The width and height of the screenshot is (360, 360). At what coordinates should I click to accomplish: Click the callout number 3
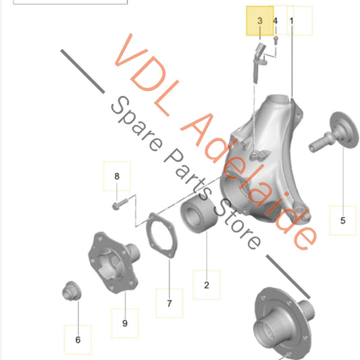point(259,21)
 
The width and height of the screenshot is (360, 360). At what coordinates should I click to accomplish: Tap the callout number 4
point(276,21)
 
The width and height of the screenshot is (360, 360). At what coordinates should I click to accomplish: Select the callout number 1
point(291,21)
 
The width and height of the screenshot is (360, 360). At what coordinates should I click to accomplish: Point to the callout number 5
point(343,220)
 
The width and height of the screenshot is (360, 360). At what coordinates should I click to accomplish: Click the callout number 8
point(117,176)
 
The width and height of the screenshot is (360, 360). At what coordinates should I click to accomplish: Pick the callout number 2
point(207,285)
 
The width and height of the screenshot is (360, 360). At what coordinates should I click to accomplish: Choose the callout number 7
point(170,303)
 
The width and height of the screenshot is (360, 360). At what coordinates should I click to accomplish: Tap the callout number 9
point(125,323)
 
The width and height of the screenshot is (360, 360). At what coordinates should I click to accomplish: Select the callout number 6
point(78,340)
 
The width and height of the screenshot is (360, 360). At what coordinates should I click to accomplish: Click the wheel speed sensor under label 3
point(259,62)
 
